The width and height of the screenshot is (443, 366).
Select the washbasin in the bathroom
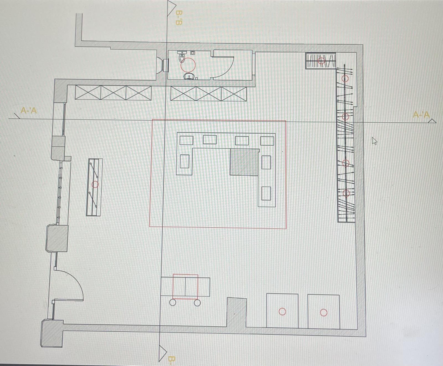pos(189,76)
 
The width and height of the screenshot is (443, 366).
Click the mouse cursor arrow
pos(374,141)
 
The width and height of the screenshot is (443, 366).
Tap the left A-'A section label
pos(29,110)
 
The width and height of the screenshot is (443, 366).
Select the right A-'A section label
pos(421,115)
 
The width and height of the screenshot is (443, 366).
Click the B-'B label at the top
pos(179,18)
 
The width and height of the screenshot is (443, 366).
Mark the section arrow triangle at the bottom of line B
pos(163,353)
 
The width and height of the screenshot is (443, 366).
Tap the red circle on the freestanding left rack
pos(95,184)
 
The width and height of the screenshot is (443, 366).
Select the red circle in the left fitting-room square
pos(282,311)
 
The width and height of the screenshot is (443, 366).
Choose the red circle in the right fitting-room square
pos(324,312)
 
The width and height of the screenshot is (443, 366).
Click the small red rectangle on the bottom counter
pos(185,287)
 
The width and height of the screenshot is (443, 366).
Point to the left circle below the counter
pos(172,302)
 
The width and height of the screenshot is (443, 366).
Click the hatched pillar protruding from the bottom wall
pos(236,312)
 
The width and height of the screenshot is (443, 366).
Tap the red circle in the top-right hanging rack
pos(321,60)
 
